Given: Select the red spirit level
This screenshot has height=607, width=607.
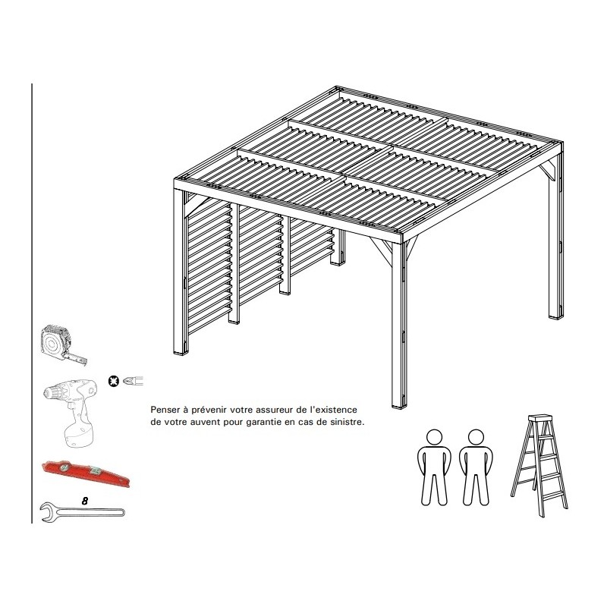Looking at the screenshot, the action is [86, 473].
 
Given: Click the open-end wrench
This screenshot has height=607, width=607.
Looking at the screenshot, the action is [82, 513].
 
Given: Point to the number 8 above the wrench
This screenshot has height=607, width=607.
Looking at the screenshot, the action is [85, 501].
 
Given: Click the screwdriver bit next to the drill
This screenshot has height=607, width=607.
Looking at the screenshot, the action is [134, 381].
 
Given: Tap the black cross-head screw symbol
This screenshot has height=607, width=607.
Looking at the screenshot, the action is [114, 382].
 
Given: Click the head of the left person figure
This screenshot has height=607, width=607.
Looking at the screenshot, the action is [434, 437].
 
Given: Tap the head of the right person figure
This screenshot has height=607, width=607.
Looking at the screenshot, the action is [476, 437].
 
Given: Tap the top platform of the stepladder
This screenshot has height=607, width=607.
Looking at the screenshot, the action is [539, 418].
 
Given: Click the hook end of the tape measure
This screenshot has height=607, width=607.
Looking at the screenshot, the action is [83, 362].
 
